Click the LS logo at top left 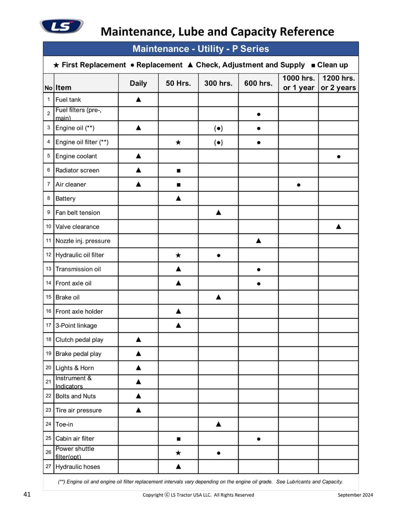(x=61, y=26)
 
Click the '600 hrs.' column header (x=258, y=83)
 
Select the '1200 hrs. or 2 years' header (x=338, y=83)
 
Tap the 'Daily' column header (x=138, y=83)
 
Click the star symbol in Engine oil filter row (x=178, y=142)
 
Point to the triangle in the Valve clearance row (x=338, y=226)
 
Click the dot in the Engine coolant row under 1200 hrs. (x=338, y=157)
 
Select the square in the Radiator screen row (x=179, y=171)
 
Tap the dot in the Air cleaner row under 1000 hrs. (x=299, y=185)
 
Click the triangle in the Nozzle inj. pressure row (x=258, y=241)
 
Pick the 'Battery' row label (x=66, y=199)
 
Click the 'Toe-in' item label (x=64, y=424)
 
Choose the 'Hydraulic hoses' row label (x=78, y=467)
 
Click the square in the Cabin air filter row (x=179, y=439)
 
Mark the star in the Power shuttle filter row (x=178, y=453)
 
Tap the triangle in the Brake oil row (x=218, y=297)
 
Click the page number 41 (x=27, y=494)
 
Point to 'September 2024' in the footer (x=355, y=495)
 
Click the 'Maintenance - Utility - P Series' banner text (x=201, y=49)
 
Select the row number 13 (x=48, y=269)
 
